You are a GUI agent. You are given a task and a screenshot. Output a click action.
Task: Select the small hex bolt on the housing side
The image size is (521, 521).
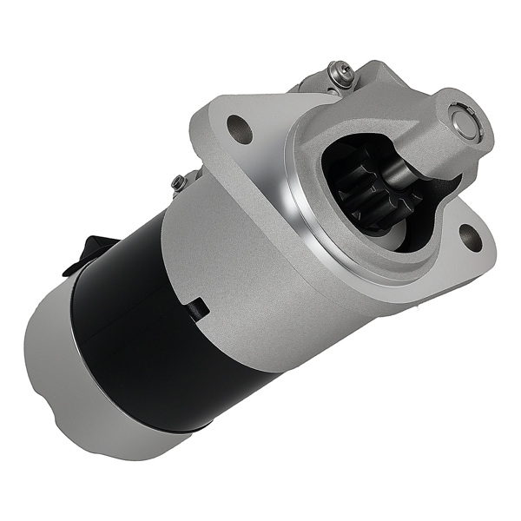tap(178, 182)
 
